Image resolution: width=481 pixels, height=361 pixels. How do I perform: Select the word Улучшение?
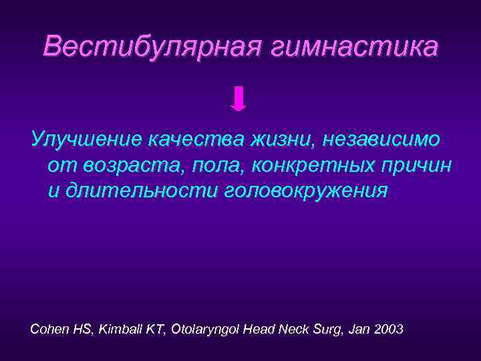tap(87, 139)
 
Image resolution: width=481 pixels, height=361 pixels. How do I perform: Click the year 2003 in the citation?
tap(389, 330)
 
